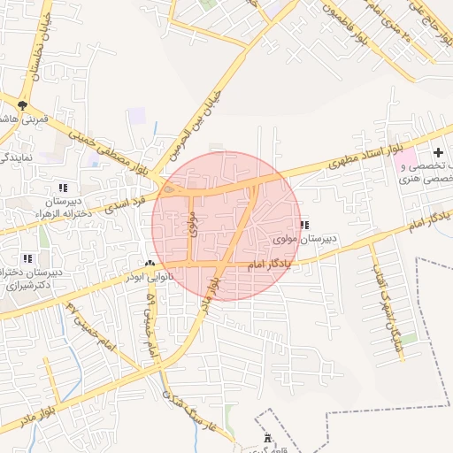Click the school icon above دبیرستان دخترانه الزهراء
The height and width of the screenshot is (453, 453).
pos(62,188)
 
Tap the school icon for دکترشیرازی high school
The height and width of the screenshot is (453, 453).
pos(27,258)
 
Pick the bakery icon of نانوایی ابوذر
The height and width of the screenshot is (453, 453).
pos(150,264)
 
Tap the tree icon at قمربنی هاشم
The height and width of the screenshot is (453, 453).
pos(22,106)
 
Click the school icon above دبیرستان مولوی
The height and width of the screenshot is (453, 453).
pos(304,225)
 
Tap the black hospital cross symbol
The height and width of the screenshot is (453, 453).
pos(438,153)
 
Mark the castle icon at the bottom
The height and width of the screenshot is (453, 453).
pos(268,438)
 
